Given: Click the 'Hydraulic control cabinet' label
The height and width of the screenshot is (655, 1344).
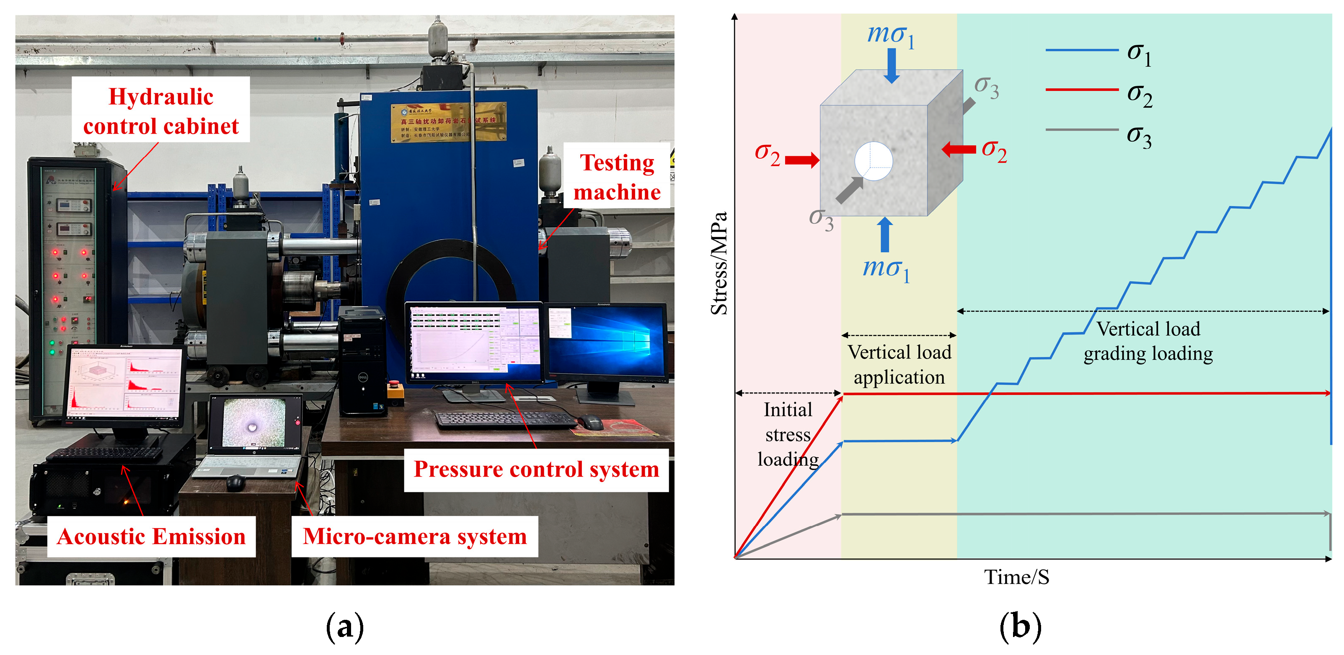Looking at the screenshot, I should (x=161, y=111).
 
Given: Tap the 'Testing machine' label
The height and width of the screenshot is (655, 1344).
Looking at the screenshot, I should (x=617, y=177).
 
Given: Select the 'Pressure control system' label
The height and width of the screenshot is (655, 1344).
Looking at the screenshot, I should (x=536, y=469).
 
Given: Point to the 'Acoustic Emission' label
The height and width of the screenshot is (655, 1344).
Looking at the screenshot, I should (x=151, y=536).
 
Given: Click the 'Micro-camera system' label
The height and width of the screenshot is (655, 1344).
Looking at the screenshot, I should (x=415, y=536).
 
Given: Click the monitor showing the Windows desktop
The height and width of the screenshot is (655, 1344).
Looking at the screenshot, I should (x=606, y=342).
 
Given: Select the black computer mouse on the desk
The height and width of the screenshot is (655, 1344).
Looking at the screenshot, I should (x=589, y=421).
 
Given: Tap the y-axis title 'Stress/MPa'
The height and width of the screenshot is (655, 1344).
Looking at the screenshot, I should (x=719, y=263).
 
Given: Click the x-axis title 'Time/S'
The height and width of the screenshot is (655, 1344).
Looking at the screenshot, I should (x=1016, y=577).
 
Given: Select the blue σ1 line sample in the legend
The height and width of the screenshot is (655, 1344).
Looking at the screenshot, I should (x=1082, y=50).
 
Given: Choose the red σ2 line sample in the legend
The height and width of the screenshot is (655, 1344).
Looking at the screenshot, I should (x=1082, y=90).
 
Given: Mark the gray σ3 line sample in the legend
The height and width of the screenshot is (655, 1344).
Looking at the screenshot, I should (x=1082, y=129).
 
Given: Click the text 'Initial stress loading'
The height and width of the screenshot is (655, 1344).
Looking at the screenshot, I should (x=788, y=434).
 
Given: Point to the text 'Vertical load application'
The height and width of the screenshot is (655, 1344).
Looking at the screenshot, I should (x=899, y=364).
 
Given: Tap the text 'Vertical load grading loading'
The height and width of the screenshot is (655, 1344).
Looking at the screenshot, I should (x=1148, y=341).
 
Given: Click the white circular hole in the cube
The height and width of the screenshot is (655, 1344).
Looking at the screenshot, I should (x=874, y=161).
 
